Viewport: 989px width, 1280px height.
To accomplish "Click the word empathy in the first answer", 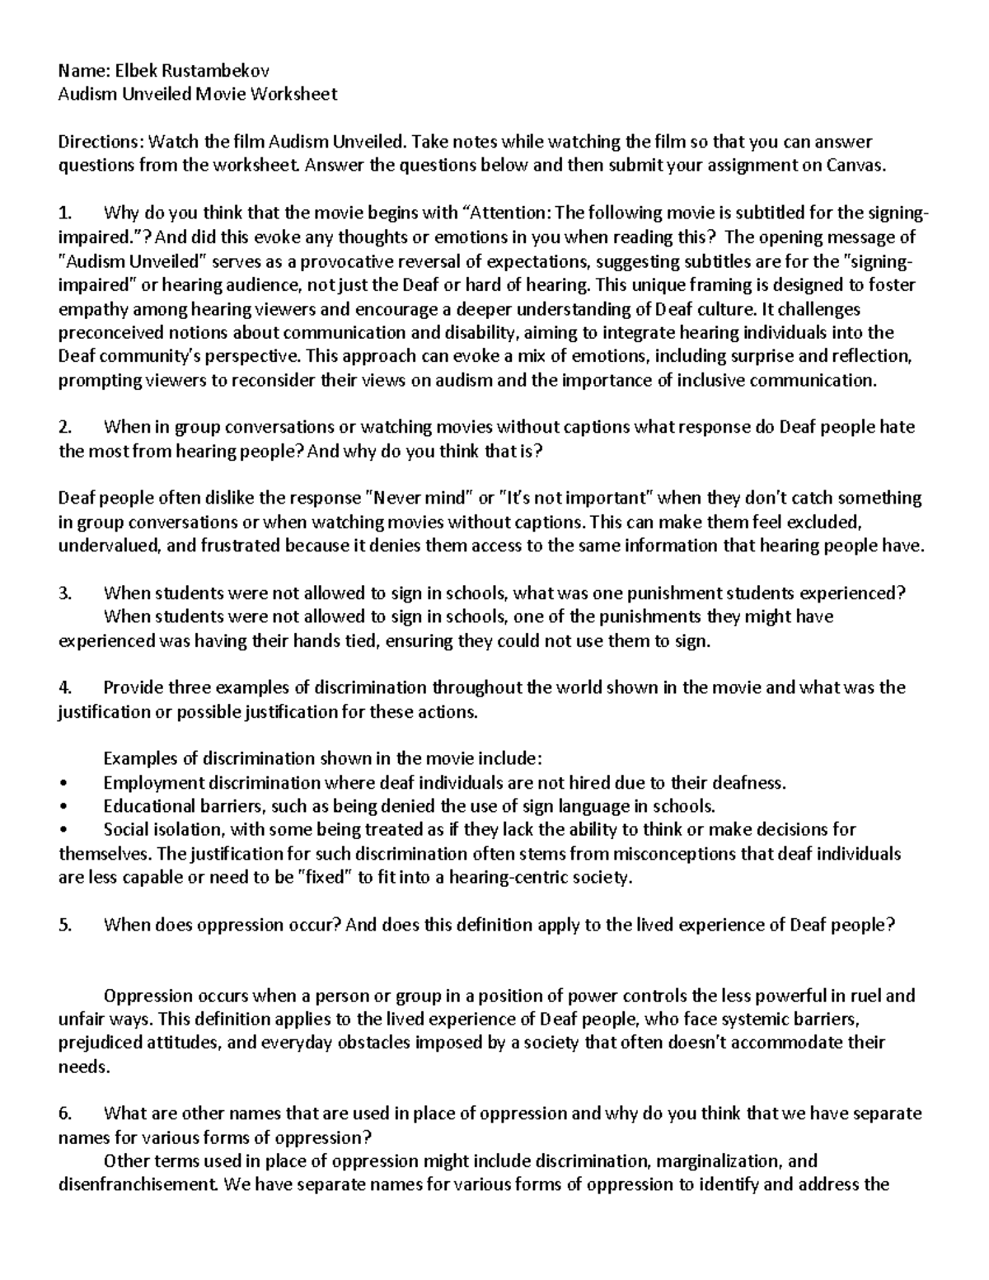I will (x=92, y=309).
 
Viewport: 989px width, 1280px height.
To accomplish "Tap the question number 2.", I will (x=64, y=427).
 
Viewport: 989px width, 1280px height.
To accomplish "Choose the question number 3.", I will (x=64, y=593).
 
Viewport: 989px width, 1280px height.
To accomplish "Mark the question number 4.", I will (x=64, y=687).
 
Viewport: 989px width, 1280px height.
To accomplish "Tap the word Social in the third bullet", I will (x=125, y=829).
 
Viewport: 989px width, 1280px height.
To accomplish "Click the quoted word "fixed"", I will (x=323, y=877).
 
